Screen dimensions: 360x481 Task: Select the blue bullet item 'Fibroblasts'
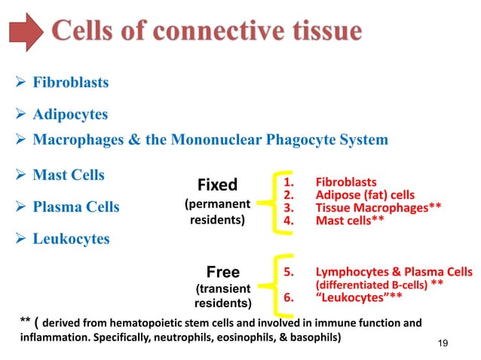pos(70,83)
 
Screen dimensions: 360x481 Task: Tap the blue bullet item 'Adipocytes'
pos(70,115)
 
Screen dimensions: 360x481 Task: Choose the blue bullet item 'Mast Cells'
pos(69,175)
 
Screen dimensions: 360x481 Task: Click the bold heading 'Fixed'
pos(217,185)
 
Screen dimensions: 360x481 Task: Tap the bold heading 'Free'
pos(222,272)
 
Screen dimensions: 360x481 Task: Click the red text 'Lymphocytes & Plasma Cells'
pos(394,272)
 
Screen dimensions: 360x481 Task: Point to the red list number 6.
pos(287,297)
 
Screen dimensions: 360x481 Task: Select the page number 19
pos(443,343)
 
